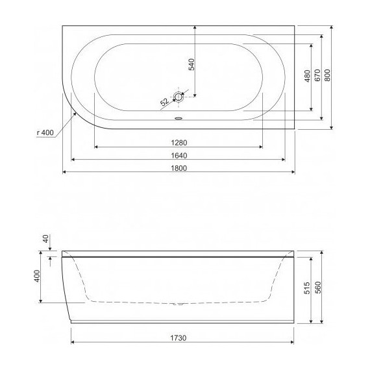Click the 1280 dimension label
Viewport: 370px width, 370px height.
[180, 142]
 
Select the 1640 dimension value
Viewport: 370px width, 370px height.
[180, 155]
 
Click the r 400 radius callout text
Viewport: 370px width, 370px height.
[45, 132]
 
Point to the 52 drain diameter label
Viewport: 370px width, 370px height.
[164, 101]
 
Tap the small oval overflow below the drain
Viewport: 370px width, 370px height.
[179, 118]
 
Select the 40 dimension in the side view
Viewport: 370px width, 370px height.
[46, 238]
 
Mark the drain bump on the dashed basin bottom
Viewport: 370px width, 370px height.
[180, 303]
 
